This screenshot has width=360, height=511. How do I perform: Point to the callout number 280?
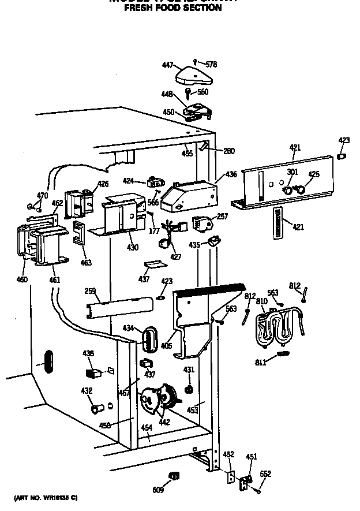[x=229, y=151]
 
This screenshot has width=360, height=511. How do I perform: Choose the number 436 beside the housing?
[x=231, y=174]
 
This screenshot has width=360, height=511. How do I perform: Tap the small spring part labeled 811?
[x=283, y=353]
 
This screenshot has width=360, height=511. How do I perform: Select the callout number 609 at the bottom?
[x=158, y=490]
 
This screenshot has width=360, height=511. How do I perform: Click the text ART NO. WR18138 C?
[x=46, y=497]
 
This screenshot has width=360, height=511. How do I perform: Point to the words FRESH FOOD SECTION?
[x=173, y=8]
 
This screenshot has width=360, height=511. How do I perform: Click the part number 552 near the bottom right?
[x=265, y=474]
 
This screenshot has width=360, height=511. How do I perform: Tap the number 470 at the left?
[x=43, y=196]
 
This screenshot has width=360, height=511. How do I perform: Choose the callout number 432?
[x=86, y=391]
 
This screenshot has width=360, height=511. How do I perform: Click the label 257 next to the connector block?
[x=222, y=216]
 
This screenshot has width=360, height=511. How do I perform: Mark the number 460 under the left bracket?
[x=22, y=280]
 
